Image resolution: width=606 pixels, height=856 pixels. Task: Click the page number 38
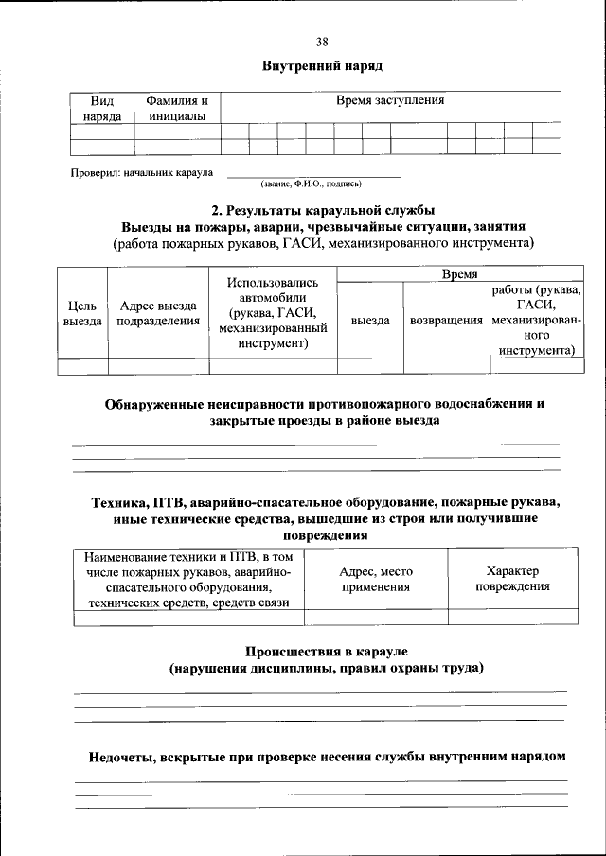[x=322, y=42]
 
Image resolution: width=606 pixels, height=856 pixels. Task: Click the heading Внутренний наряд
[x=322, y=66]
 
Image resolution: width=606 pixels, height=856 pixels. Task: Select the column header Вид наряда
[x=101, y=108]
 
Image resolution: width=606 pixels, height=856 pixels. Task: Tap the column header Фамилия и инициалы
[x=176, y=108]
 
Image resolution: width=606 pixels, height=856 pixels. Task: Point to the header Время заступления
[x=390, y=100]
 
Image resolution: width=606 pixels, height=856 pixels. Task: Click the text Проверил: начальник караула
[x=143, y=173]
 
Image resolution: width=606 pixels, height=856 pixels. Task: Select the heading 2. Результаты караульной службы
[x=322, y=209]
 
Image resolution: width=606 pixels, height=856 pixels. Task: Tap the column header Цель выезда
[x=82, y=313]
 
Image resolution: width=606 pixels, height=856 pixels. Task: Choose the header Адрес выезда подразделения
[x=158, y=313]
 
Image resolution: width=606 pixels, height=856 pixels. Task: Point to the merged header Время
[x=459, y=272]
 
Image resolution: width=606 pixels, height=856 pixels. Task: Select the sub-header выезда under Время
[x=370, y=321]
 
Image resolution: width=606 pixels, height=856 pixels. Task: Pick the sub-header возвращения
[x=446, y=321]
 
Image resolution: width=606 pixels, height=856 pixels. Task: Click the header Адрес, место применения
[x=376, y=579]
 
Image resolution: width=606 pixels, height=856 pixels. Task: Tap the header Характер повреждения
[x=512, y=579]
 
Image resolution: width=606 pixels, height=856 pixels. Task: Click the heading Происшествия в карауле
[x=326, y=652]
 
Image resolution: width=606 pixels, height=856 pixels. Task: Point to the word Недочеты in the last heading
[x=122, y=757]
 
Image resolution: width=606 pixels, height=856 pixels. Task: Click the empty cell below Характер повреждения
[x=512, y=617]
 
